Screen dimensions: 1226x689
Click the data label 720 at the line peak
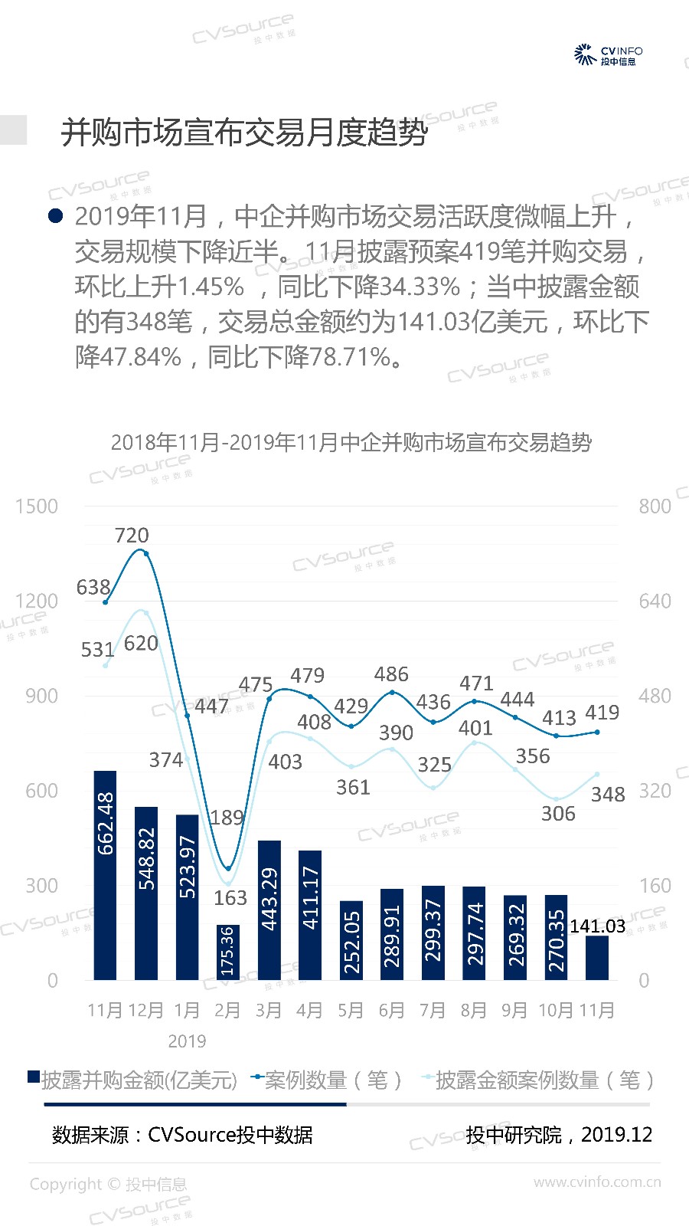(132, 536)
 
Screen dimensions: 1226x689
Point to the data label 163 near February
(230, 897)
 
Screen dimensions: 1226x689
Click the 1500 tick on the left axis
(37, 506)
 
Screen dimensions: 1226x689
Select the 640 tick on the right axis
(655, 602)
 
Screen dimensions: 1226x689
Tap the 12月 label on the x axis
(145, 1011)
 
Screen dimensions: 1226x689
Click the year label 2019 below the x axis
(187, 1041)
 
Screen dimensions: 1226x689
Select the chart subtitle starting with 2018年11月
(351, 443)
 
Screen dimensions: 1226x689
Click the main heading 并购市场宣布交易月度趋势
(244, 133)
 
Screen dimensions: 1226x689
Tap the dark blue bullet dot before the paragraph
(55, 217)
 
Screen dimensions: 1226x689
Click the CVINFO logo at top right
(609, 55)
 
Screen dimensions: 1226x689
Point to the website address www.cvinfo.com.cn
(597, 1182)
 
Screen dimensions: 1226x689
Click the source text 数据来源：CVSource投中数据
(182, 1135)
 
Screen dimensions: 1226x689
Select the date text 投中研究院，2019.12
(559, 1135)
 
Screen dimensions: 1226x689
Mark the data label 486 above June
(391, 674)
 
